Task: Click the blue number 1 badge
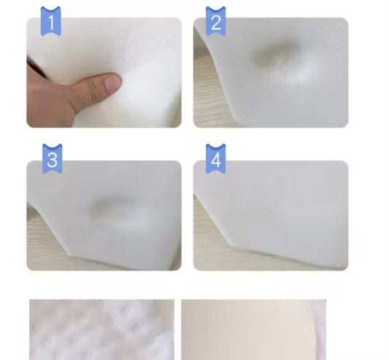point(50,21)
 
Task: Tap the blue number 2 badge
point(215,21)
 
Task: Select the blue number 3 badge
point(51,158)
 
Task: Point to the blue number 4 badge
point(215,158)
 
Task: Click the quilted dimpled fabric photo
point(101,329)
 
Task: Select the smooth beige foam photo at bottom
point(248,329)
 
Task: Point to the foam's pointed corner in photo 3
point(68,248)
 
